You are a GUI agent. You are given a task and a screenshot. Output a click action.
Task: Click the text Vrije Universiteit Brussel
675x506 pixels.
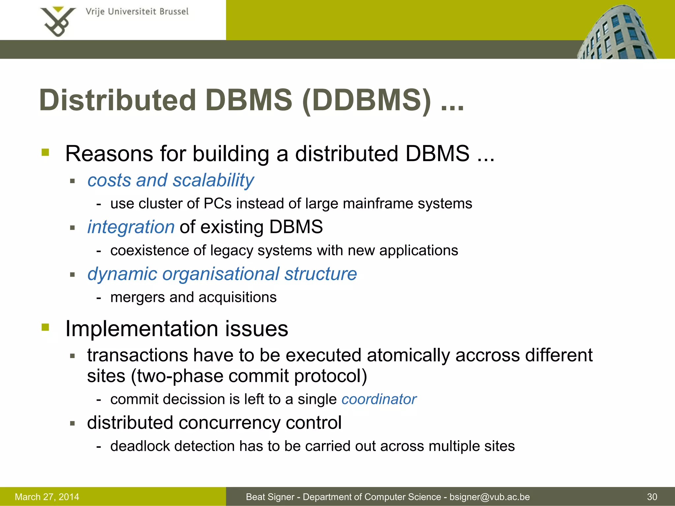coord(137,12)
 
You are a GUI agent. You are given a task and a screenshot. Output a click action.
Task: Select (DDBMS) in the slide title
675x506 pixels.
coord(366,100)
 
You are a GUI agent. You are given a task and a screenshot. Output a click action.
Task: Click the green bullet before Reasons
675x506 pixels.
coord(45,153)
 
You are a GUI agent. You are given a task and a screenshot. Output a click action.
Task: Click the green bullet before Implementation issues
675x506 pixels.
coord(45,327)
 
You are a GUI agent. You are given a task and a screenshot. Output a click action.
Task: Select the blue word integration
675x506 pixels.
coord(131,227)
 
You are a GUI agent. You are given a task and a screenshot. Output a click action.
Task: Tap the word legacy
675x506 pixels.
coord(232,251)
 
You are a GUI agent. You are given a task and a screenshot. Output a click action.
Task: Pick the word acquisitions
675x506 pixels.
coord(238,297)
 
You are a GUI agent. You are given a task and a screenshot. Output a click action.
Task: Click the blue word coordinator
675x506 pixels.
coord(379,399)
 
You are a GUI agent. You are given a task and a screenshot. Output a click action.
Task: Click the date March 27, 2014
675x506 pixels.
coord(47,497)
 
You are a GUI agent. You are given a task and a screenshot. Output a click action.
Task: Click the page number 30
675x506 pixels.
coord(652,497)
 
